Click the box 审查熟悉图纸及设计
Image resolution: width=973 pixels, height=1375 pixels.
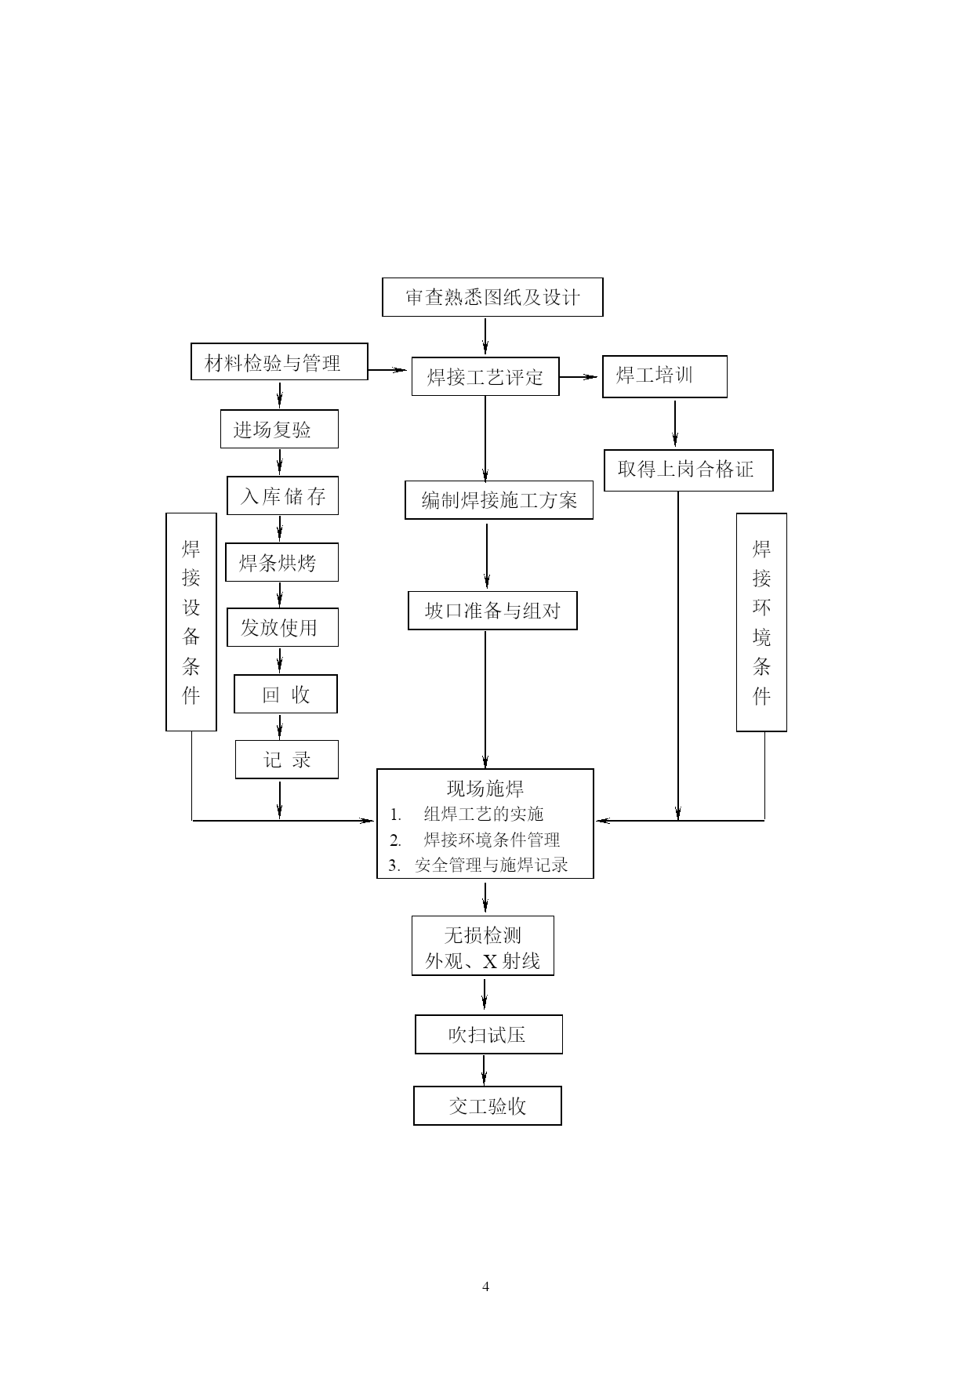[492, 297]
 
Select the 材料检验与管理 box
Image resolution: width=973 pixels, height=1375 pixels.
[279, 362]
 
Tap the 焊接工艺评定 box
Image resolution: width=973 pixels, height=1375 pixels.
[485, 377]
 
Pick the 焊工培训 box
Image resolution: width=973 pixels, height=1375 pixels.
[664, 376]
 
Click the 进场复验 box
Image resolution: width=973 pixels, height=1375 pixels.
[279, 430]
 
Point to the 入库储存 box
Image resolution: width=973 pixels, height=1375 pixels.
[282, 496]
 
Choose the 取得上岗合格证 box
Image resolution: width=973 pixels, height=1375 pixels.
[688, 470]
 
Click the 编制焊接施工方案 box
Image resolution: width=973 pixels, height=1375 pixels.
[499, 500]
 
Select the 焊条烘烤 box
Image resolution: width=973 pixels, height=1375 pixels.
[281, 563]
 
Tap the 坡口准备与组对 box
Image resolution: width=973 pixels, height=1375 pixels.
[492, 611]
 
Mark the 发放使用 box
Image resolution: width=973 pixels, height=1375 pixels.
[282, 628]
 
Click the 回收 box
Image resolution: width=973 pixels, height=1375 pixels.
[285, 695]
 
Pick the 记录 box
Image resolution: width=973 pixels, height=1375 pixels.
[286, 760]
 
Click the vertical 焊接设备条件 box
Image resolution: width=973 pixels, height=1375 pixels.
[191, 622]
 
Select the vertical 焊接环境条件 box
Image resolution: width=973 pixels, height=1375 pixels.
[761, 622]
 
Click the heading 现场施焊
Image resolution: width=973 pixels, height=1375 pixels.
[485, 789]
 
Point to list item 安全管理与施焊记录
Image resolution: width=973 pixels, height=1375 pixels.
[491, 865]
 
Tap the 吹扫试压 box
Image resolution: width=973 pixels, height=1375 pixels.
[488, 1035]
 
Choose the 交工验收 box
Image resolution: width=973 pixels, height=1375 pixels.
[488, 1106]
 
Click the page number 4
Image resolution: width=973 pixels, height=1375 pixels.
[486, 1286]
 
